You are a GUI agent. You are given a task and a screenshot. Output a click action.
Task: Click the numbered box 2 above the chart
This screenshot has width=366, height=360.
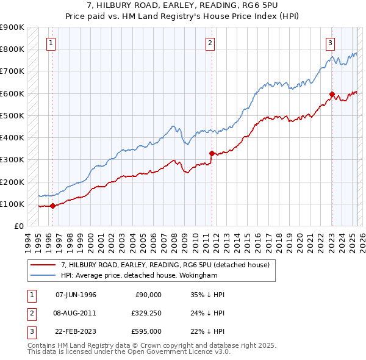click(x=210, y=43)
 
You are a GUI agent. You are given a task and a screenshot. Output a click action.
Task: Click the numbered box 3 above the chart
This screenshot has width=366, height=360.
click(x=330, y=43)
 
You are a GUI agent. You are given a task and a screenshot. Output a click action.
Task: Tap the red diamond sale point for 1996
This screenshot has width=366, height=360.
click(x=53, y=206)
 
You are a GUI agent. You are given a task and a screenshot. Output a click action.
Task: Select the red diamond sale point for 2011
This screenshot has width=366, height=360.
click(x=212, y=153)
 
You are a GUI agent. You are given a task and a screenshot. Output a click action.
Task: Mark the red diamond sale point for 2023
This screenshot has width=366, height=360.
click(x=332, y=95)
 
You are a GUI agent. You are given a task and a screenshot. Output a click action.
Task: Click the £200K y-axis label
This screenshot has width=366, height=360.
click(x=12, y=182)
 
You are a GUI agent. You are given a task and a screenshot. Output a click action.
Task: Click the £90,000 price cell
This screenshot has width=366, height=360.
click(x=148, y=295)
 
